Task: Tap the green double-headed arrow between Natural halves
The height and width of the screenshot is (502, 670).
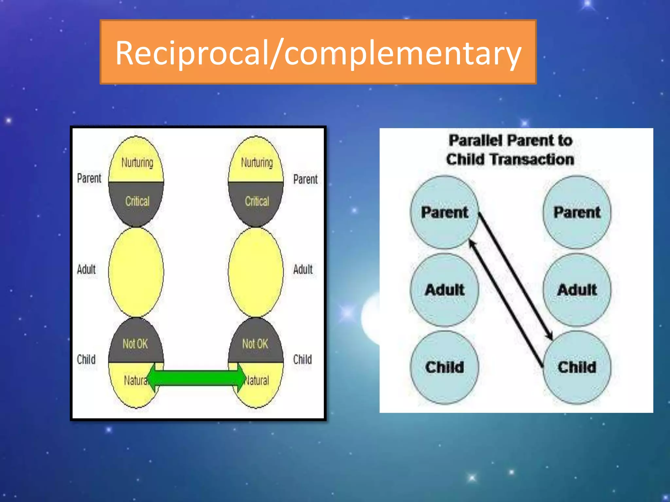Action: [196, 378]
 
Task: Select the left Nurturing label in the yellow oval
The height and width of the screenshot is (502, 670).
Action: [137, 162]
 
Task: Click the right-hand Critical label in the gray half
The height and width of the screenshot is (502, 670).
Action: [257, 201]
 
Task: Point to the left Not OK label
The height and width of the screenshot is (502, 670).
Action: [135, 344]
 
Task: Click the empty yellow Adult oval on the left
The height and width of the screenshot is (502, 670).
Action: [136, 272]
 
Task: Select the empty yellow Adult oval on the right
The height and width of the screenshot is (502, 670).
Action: [256, 272]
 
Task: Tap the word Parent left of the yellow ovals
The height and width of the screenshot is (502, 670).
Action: [89, 178]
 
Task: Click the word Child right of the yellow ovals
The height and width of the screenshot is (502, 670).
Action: [302, 360]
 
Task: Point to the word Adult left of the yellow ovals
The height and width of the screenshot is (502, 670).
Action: [86, 270]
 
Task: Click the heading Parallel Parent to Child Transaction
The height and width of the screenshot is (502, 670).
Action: [510, 150]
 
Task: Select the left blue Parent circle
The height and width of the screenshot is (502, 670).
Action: [444, 212]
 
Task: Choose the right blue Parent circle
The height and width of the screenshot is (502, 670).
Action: [577, 212]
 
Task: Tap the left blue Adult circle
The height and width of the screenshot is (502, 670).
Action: [444, 290]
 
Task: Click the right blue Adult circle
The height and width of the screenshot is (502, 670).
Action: [577, 290]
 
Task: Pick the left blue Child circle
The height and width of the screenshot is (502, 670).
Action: [444, 367]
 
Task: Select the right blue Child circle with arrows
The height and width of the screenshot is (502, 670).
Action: [577, 367]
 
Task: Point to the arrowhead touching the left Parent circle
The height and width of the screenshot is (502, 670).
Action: [471, 243]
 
